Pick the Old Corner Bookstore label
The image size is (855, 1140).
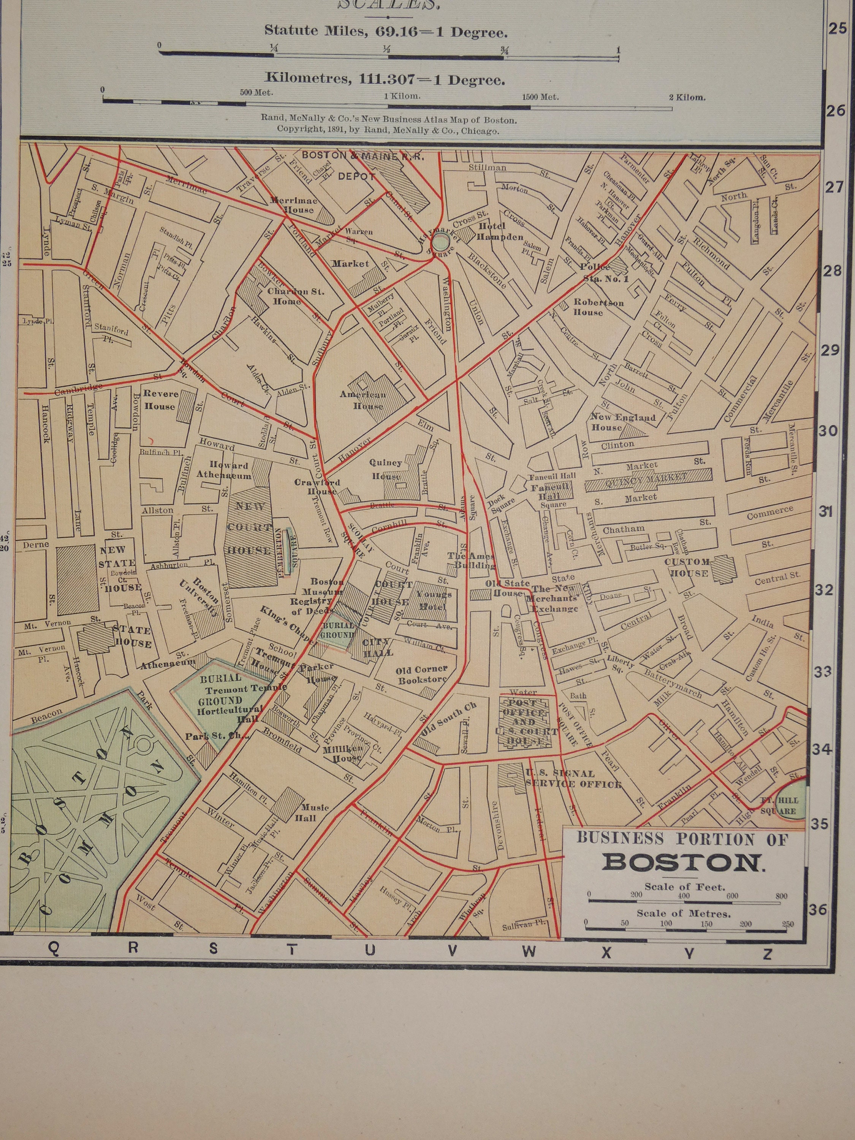pyautogui.click(x=421, y=674)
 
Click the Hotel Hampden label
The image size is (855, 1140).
pyautogui.click(x=500, y=232)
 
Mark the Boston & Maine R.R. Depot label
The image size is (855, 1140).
pyautogui.click(x=363, y=165)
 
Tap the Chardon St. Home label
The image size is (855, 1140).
pyautogui.click(x=288, y=296)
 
